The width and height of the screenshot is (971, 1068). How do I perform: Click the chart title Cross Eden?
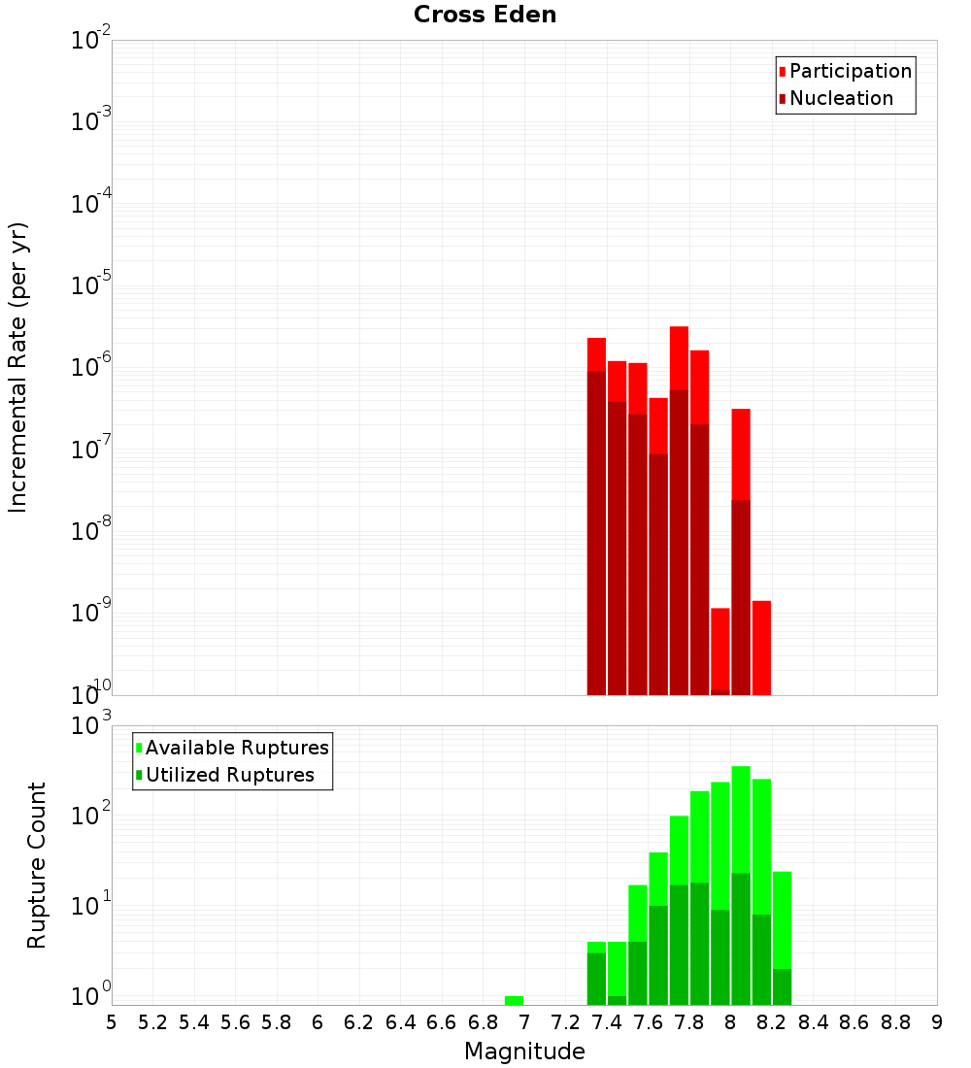click(x=485, y=16)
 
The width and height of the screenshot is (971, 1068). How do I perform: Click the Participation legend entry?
click(x=850, y=72)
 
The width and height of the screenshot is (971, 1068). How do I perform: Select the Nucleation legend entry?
click(x=841, y=99)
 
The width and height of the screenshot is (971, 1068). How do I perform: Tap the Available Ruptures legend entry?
click(x=237, y=748)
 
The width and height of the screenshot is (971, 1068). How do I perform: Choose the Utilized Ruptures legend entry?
click(x=229, y=775)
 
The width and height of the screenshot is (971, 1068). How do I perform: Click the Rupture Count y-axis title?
click(x=37, y=865)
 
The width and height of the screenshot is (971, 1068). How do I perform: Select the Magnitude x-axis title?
click(x=524, y=1051)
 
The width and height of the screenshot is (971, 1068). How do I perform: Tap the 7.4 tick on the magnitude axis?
click(x=607, y=1022)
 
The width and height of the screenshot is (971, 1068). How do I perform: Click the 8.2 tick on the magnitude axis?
click(x=772, y=1022)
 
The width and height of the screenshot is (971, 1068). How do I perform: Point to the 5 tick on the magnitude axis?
click(x=112, y=1022)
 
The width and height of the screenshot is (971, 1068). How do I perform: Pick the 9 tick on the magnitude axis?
click(x=937, y=1022)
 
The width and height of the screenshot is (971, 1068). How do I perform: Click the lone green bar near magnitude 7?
click(x=514, y=1000)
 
